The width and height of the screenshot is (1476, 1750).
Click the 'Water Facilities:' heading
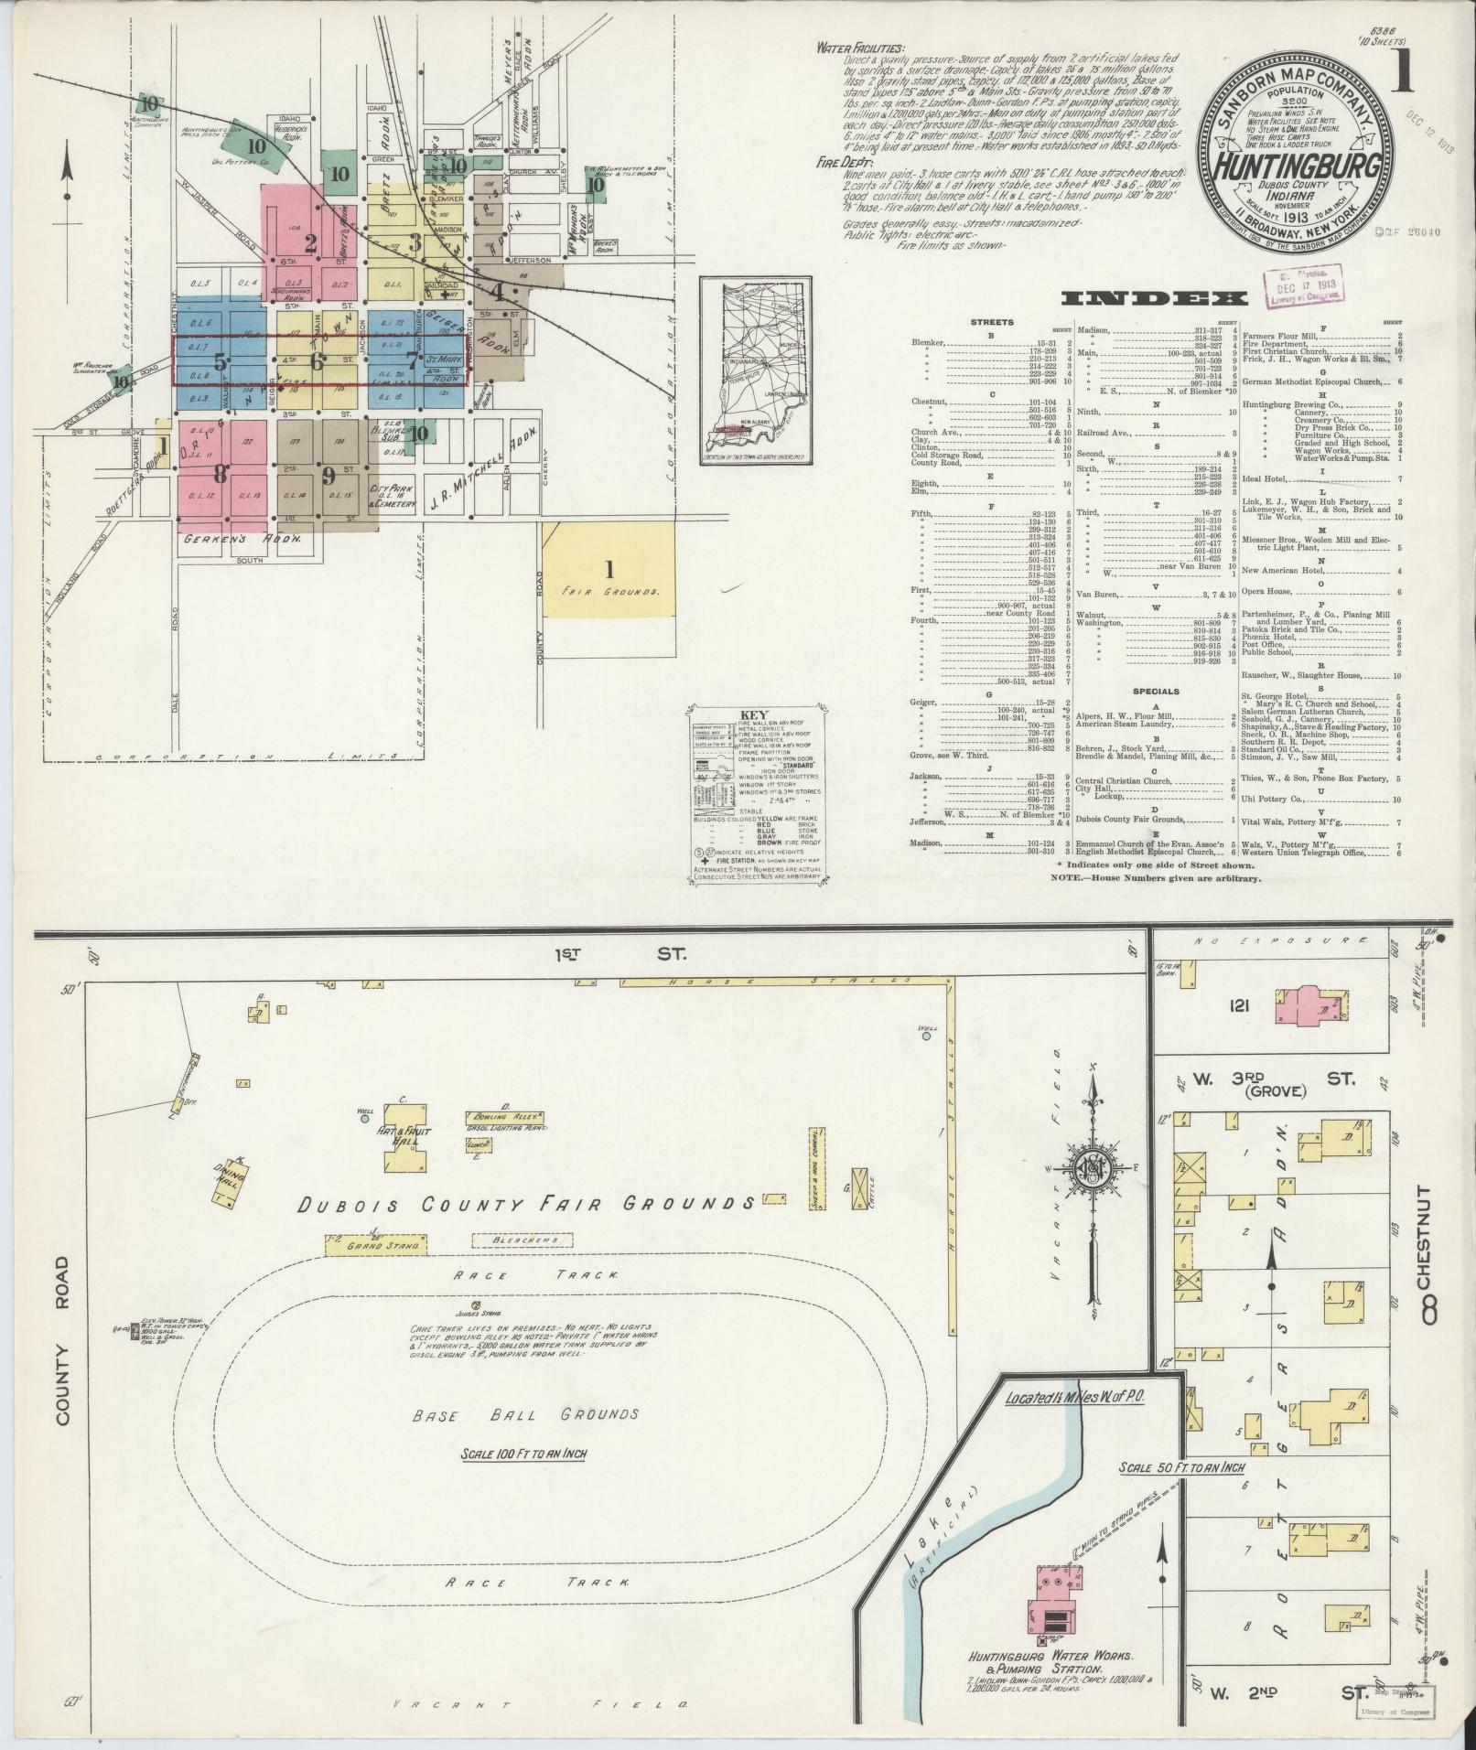[860, 49]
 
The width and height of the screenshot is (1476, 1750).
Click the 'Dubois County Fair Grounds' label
[528, 1203]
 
